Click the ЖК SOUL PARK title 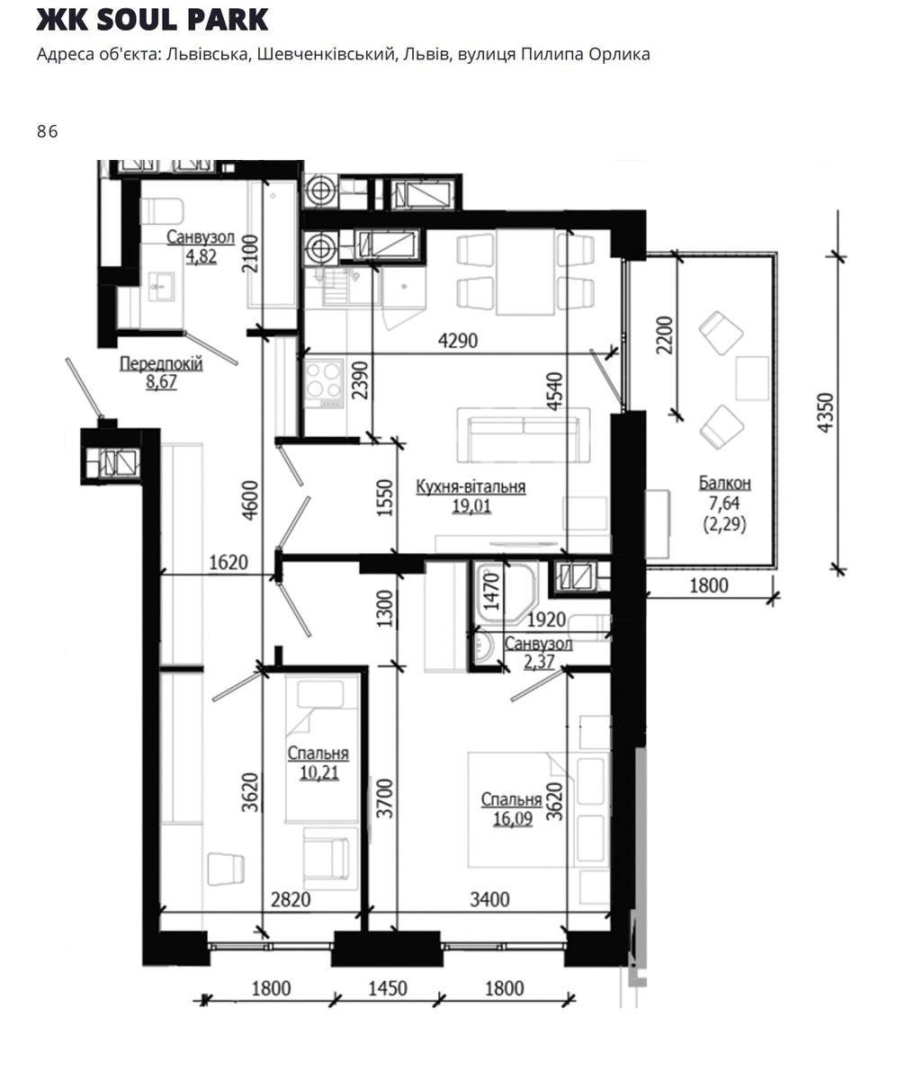[x=152, y=20]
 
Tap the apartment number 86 [x=47, y=131]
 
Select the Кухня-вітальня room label [x=471, y=486]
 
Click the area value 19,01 [x=471, y=506]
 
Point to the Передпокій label [x=161, y=363]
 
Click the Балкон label [x=724, y=483]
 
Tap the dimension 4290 [x=458, y=341]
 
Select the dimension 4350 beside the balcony [x=825, y=413]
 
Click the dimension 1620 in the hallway [x=229, y=563]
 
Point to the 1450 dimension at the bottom [x=388, y=988]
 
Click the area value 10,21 [x=319, y=772]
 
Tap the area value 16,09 [x=513, y=818]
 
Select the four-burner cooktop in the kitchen [x=324, y=383]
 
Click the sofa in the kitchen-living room [x=524, y=436]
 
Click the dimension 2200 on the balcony [x=664, y=334]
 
